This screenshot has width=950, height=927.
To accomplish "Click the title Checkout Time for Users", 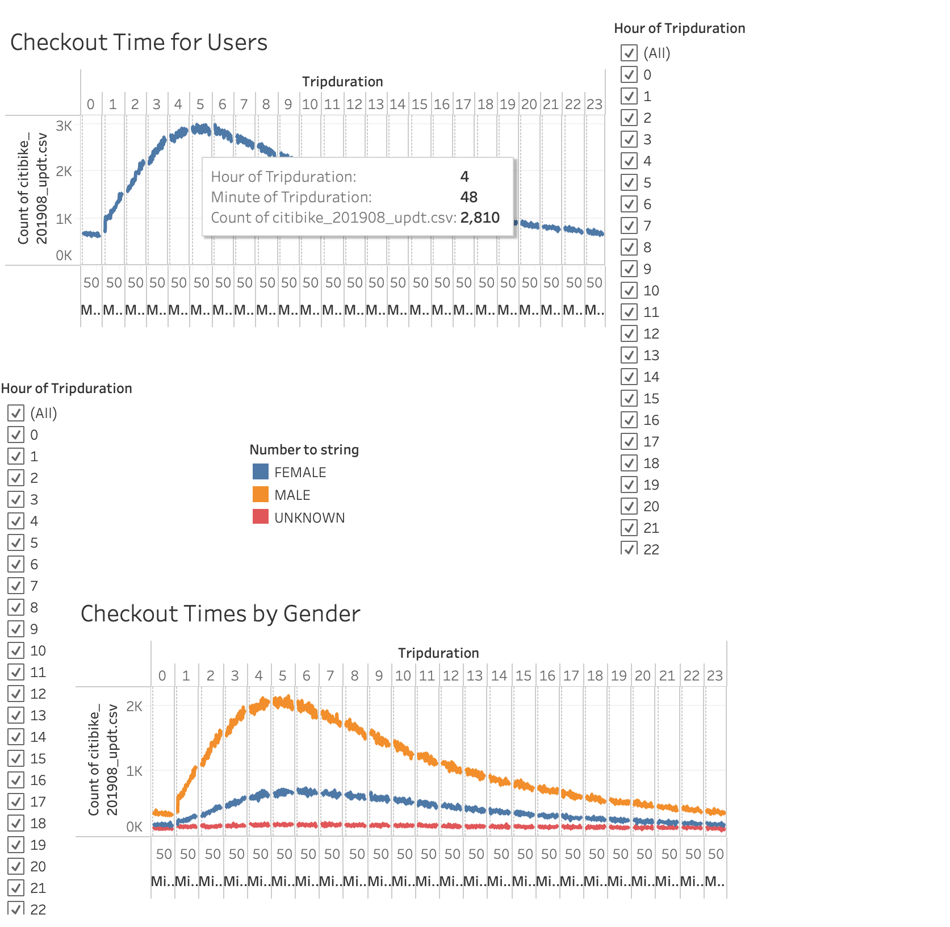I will point(139,43).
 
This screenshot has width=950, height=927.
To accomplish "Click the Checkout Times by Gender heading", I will point(220,614).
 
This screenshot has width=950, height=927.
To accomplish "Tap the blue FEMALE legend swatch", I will point(261,472).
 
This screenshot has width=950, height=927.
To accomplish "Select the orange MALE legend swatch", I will point(261,495).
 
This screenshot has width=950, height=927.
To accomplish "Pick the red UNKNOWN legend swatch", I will point(261,517).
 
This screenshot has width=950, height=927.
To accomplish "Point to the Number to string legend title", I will point(304,450).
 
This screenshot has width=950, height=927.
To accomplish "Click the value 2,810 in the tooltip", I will point(480,218).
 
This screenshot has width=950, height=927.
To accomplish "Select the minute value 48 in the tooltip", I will point(468,197).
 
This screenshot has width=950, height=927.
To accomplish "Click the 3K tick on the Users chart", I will point(64,126).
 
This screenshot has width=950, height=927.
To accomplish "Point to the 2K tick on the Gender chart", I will point(135,707).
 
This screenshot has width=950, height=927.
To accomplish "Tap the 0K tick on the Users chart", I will point(64,256).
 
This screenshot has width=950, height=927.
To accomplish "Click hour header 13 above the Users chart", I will point(376,105).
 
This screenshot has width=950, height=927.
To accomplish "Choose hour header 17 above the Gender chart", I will point(571,676).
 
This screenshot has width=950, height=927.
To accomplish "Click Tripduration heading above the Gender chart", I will point(438,653).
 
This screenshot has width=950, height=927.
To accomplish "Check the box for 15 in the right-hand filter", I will point(629,398).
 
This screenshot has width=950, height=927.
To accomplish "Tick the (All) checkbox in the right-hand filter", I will point(629,53).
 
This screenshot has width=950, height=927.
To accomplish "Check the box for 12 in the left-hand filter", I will point(16,694).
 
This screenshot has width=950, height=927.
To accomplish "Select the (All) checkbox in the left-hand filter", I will point(16,413).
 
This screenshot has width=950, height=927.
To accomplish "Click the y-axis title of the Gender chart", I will point(103,759).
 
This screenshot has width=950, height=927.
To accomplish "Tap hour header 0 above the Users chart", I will point(91,105).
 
